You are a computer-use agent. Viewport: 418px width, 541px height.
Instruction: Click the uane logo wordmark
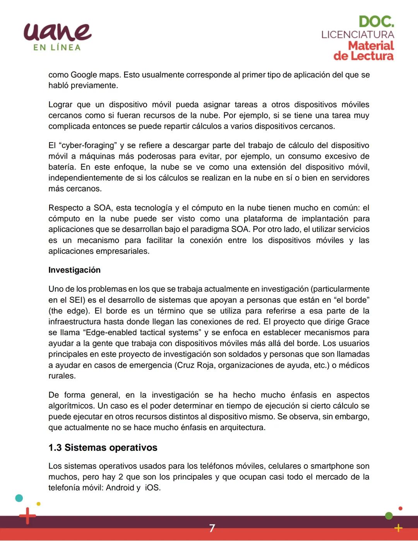pyautogui.click(x=57, y=31)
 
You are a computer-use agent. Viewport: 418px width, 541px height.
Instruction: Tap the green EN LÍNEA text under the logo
pyautogui.click(x=57, y=48)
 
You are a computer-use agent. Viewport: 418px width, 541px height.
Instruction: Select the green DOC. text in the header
pyautogui.click(x=376, y=22)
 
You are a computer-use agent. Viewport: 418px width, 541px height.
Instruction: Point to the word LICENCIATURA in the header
pyautogui.click(x=358, y=34)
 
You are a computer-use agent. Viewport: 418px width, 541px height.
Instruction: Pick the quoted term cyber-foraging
pyautogui.click(x=87, y=145)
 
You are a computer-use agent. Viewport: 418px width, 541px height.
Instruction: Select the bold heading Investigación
pyautogui.click(x=74, y=270)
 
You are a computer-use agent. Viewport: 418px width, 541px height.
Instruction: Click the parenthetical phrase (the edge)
pyautogui.click(x=69, y=311)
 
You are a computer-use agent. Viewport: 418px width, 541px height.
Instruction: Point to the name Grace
pyautogui.click(x=358, y=321)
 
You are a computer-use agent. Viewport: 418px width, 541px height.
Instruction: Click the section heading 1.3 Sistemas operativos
pyautogui.click(x=103, y=447)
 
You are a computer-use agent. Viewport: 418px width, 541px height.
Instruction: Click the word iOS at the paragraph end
pyautogui.click(x=152, y=488)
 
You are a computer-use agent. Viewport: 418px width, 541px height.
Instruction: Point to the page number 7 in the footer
pyautogui.click(x=212, y=528)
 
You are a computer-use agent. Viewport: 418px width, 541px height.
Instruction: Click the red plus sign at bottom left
pyautogui.click(x=27, y=516)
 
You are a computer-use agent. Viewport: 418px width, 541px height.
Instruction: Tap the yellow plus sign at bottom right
pyautogui.click(x=398, y=528)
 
